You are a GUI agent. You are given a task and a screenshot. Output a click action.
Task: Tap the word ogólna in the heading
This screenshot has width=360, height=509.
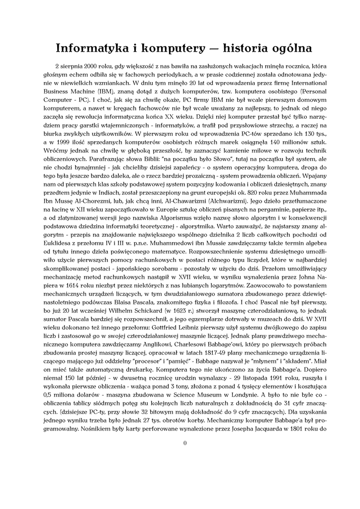tap(291, 49)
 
